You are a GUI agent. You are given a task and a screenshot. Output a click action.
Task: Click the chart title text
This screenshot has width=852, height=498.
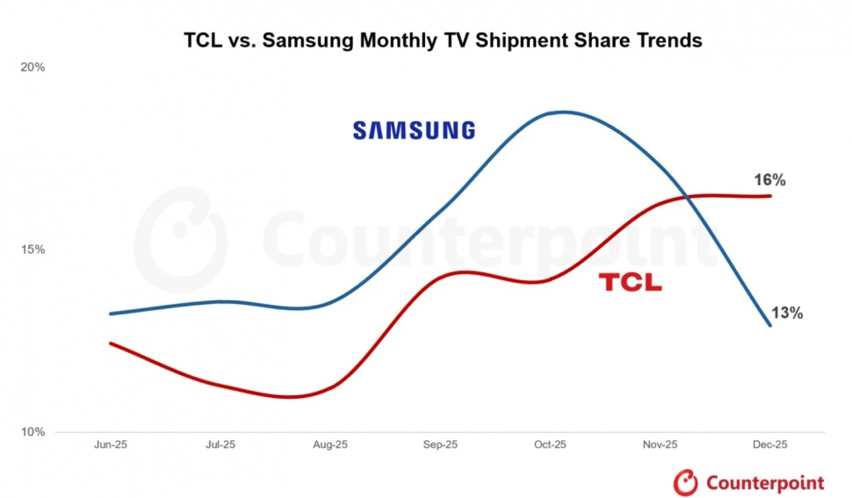[x=443, y=40]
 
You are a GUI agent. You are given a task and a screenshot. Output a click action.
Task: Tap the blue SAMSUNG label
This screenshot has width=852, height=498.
[x=414, y=131]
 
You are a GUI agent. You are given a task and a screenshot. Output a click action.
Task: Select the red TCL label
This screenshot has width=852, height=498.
[x=630, y=283]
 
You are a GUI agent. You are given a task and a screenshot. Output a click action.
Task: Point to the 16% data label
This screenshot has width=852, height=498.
[x=769, y=180]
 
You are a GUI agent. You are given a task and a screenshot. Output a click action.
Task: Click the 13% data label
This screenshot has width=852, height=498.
[x=786, y=313]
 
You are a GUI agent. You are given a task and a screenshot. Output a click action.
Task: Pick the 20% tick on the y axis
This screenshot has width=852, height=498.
[x=33, y=67]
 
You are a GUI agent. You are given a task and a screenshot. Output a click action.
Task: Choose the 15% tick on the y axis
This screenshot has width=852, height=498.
[x=33, y=249]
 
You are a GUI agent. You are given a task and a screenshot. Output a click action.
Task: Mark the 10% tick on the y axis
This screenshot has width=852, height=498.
[x=33, y=432]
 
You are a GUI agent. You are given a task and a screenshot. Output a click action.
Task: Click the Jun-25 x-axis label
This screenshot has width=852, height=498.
[x=111, y=445]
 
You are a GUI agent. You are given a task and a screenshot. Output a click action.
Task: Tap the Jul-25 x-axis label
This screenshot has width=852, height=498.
[x=220, y=445]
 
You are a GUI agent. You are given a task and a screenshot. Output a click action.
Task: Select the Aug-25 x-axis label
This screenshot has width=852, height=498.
[x=330, y=445]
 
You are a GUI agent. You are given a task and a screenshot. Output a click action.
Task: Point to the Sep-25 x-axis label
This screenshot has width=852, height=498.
[x=440, y=445]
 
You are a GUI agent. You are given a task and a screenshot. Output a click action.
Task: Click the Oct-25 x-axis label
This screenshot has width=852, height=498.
[x=550, y=445]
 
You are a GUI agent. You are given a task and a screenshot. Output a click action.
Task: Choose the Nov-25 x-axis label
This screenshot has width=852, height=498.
[x=660, y=445]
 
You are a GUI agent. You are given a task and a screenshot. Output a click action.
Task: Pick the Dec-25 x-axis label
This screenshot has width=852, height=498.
[x=770, y=445]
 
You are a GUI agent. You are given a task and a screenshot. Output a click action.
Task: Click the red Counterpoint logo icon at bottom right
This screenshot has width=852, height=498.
[x=686, y=482]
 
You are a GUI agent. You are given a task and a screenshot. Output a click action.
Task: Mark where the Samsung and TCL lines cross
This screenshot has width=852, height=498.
[x=686, y=197]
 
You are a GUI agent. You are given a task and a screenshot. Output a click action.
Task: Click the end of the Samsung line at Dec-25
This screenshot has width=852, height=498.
[x=770, y=326]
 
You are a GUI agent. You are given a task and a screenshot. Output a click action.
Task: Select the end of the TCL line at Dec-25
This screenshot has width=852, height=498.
[x=770, y=196]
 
